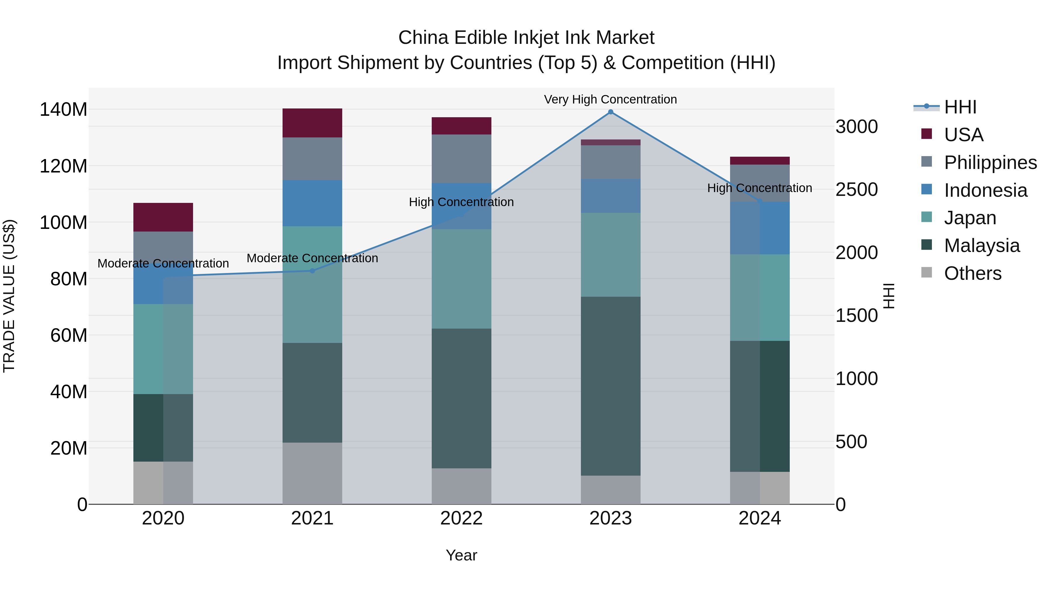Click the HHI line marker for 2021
pos(312,271)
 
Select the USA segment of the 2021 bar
pos(312,123)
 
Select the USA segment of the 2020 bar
pos(163,217)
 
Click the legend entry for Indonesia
pos(985,190)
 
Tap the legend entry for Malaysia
pos(981,246)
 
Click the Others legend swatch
pos(927,272)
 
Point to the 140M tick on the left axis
pos(63,110)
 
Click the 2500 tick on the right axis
pos(856,189)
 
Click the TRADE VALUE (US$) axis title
pos(9,296)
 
